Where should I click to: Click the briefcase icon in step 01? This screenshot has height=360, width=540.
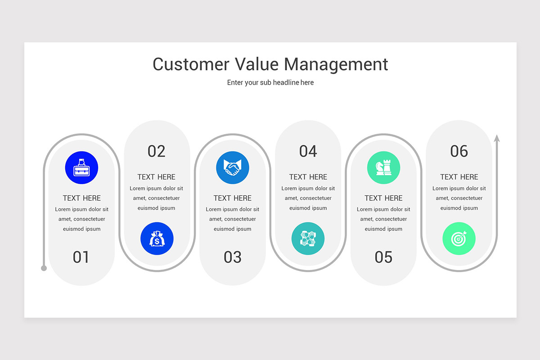point(81,168)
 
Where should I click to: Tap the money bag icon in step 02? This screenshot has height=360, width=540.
point(157,238)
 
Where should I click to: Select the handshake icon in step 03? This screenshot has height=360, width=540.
point(233,168)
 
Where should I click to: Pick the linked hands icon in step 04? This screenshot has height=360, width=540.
point(308,238)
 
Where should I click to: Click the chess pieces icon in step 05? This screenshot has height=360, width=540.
point(383,168)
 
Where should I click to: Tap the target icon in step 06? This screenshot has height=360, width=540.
point(459,238)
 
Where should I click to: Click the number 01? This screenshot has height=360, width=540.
point(81,257)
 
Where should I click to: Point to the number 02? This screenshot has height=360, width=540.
point(157,151)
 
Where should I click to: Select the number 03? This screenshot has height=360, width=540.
point(233,257)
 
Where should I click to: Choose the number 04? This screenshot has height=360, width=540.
point(308,151)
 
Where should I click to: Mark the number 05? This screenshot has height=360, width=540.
point(383,257)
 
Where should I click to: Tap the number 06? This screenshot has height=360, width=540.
point(459,151)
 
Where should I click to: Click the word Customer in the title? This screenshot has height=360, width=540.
point(191,64)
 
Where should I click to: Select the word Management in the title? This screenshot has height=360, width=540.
point(336,64)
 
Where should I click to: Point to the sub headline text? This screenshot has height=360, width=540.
point(270,83)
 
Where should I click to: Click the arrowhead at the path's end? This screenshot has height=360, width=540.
point(497,138)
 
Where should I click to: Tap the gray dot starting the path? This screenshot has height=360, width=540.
point(44,268)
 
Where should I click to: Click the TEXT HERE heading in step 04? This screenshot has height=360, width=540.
point(308,177)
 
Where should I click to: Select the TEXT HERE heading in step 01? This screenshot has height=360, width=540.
point(81,198)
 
